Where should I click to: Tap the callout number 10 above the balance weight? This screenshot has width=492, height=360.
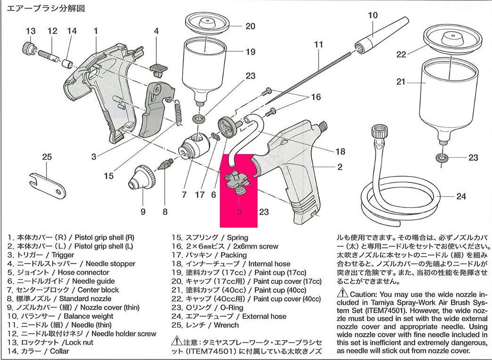pos(373,15)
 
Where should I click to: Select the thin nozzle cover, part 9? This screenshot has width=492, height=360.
pos(143,177)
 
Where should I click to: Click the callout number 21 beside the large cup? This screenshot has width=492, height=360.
pos(401,82)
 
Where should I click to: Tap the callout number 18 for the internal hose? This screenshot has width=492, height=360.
pos(340,152)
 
